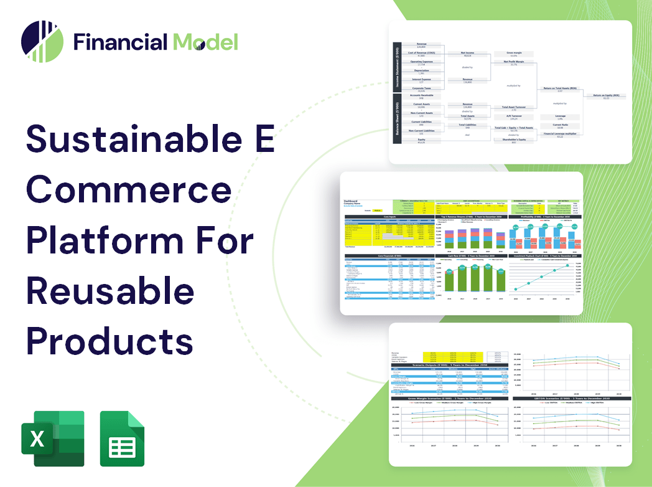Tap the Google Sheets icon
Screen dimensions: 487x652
[x=122, y=438]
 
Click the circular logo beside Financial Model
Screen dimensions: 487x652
[x=42, y=42]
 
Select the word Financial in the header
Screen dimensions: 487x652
[x=121, y=42]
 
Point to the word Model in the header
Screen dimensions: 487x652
[x=205, y=42]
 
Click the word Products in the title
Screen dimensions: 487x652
[x=109, y=341]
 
